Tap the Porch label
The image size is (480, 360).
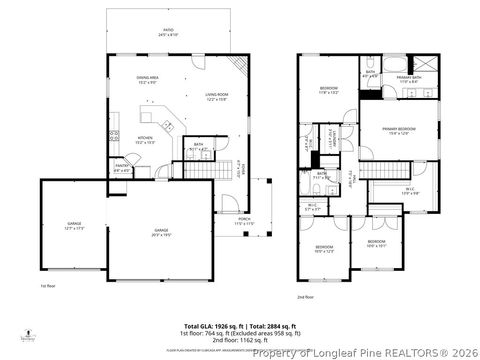coord(244,221)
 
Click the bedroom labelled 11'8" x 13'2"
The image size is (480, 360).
coord(329,91)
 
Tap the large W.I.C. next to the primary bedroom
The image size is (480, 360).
coord(410,192)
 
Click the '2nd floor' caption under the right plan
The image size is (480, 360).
coord(305,297)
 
